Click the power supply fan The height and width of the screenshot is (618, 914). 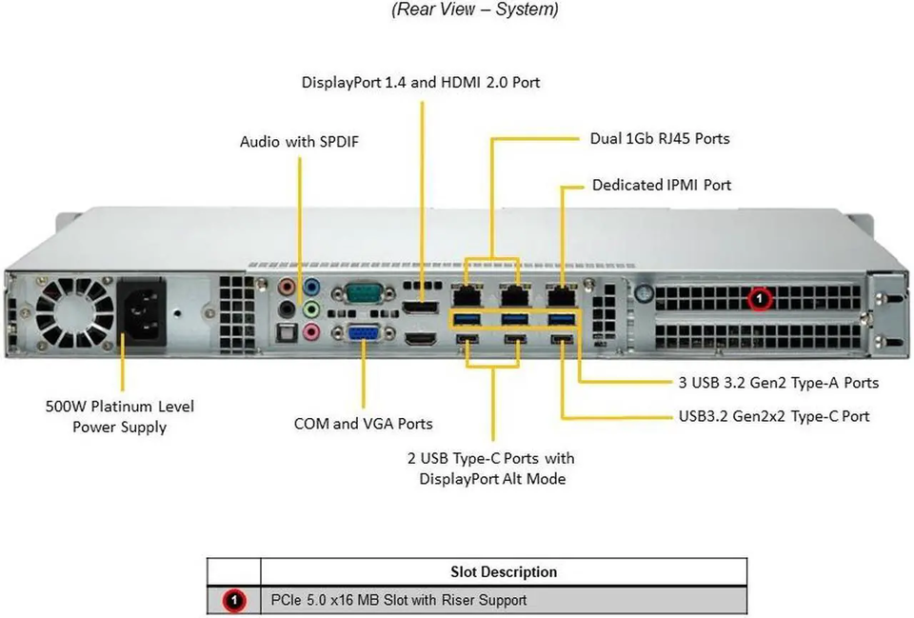tap(74, 313)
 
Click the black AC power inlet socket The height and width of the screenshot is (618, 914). tap(142, 313)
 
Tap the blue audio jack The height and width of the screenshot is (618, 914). tap(312, 287)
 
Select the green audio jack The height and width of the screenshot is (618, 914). tap(312, 309)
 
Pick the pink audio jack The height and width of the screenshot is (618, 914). tap(312, 332)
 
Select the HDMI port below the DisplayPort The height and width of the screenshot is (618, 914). tap(421, 338)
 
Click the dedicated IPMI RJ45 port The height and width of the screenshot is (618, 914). tap(560, 295)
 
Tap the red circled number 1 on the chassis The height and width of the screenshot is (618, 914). tap(759, 298)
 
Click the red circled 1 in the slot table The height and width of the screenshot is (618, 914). tap(234, 600)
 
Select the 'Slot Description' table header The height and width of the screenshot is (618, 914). tap(504, 572)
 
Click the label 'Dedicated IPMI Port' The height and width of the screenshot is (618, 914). tap(662, 185)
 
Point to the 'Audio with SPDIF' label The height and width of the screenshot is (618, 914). tap(300, 142)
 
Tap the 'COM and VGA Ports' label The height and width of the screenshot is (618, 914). tap(363, 424)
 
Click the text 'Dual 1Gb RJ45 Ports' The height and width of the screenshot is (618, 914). tap(660, 139)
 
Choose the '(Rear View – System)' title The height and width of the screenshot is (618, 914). tap(475, 10)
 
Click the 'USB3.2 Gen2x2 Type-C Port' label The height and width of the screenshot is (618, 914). tap(774, 416)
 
